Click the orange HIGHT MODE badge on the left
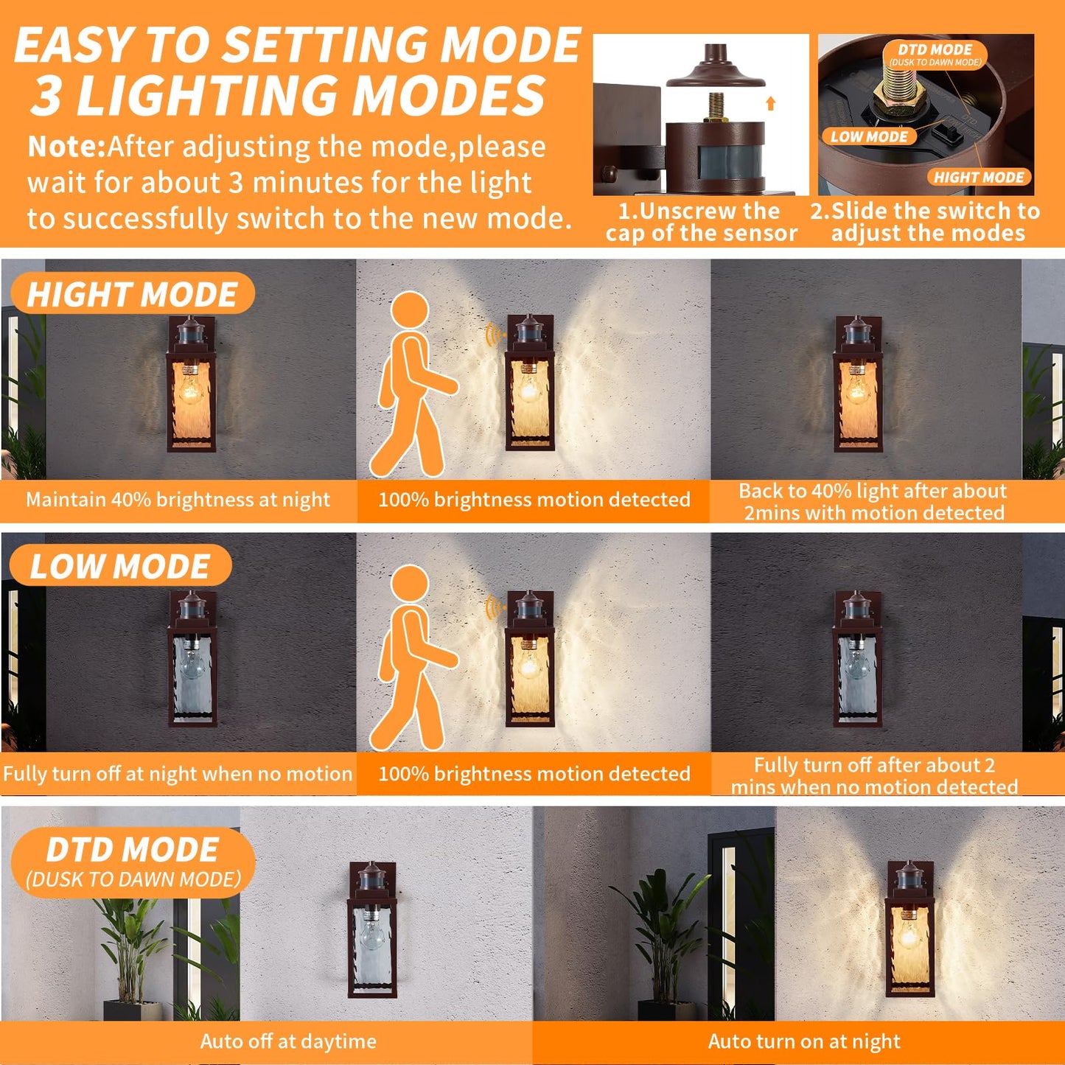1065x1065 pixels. (x=133, y=294)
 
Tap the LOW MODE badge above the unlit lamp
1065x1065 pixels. (x=120, y=566)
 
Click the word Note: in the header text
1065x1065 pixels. (x=67, y=147)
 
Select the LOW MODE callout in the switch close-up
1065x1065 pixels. (x=869, y=136)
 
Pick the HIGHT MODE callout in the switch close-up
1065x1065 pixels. (x=978, y=177)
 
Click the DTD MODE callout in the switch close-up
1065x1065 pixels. (x=935, y=54)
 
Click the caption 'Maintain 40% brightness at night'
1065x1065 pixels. (x=178, y=500)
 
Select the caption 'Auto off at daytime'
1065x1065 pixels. (x=288, y=1041)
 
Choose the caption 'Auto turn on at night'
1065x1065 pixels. (x=804, y=1041)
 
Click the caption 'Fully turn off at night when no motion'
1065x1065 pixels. (x=178, y=774)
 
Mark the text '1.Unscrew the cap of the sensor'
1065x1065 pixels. (x=701, y=222)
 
